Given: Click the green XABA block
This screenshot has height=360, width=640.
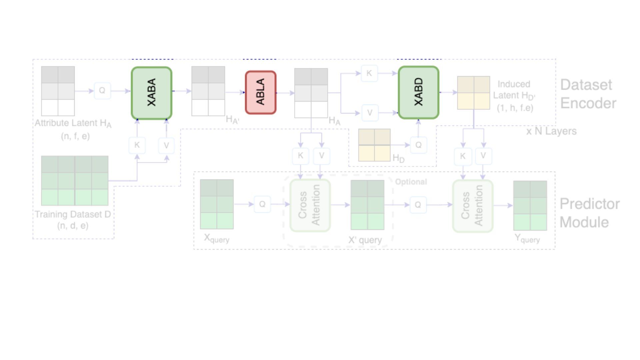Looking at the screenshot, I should click(x=152, y=93).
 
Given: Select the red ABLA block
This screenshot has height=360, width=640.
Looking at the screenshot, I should click(x=261, y=92).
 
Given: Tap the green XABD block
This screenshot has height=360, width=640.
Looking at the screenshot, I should click(x=418, y=92).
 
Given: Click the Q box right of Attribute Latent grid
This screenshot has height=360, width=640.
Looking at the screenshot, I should click(x=102, y=91).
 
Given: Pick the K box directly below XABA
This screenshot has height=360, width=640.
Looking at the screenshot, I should click(x=137, y=145).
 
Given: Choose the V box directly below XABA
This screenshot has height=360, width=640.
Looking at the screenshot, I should click(x=166, y=145).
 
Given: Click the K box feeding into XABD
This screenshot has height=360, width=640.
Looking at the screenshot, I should click(x=369, y=73).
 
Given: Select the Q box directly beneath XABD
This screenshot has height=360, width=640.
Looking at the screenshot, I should click(x=418, y=145).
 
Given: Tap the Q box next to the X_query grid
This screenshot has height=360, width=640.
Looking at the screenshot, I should click(x=262, y=204).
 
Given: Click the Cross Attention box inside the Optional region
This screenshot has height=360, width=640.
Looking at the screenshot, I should click(x=310, y=205).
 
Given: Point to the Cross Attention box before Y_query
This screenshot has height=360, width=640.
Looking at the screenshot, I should click(x=473, y=206).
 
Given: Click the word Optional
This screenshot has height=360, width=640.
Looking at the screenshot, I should click(x=411, y=182).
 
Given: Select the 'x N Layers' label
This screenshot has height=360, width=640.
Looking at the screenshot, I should click(x=551, y=131).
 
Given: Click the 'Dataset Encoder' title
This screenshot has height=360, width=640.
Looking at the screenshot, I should click(x=588, y=94).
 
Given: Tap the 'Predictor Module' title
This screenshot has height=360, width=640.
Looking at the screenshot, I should click(x=589, y=213).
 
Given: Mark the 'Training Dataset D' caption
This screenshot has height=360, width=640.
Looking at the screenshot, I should click(x=73, y=214).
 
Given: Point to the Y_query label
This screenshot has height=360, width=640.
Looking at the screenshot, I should click(x=527, y=239).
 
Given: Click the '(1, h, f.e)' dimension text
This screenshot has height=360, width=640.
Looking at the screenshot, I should click(x=515, y=108).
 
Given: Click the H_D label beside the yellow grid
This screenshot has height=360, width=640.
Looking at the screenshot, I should click(x=399, y=158).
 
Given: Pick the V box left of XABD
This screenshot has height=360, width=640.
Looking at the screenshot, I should click(x=370, y=113).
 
